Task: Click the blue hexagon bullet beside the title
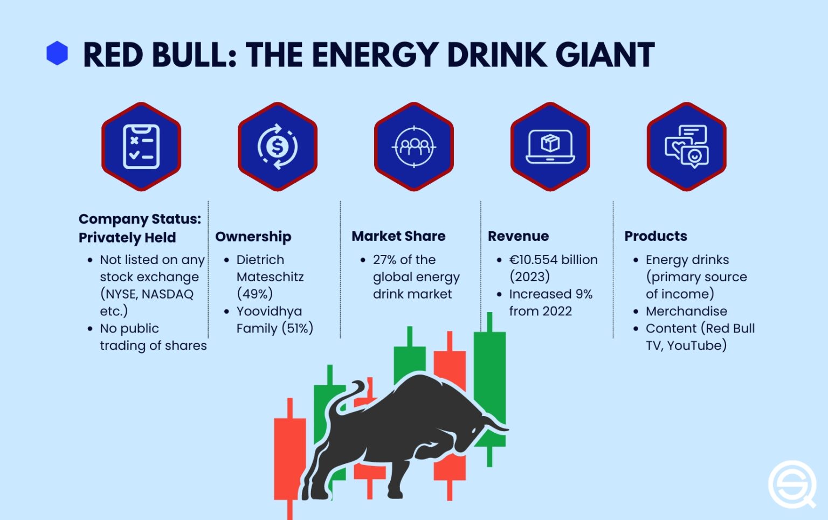(x=57, y=53)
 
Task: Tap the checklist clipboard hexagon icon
(x=141, y=147)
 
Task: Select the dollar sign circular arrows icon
(x=278, y=147)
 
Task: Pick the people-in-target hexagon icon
(x=414, y=147)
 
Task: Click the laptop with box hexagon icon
(x=550, y=147)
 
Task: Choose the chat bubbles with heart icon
(x=687, y=147)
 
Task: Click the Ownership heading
(x=253, y=237)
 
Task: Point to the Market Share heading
(x=398, y=236)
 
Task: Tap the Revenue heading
(x=518, y=236)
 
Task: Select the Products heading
(x=655, y=236)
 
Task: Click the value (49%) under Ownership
(x=255, y=294)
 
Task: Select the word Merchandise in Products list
(x=686, y=311)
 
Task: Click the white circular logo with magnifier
(x=792, y=484)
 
